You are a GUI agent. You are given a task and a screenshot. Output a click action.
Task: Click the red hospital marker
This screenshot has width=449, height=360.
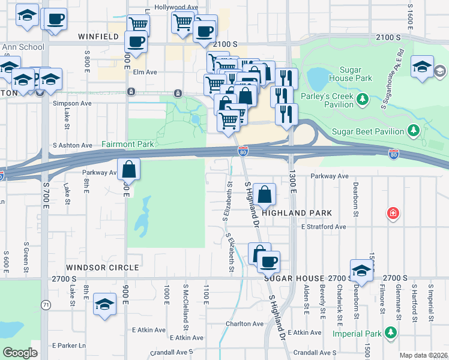pyautogui.click(x=393, y=213)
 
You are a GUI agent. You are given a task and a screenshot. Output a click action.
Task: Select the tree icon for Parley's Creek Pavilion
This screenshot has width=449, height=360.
pyautogui.click(x=362, y=98)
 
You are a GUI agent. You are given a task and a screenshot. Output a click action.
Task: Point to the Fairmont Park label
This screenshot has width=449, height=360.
pyautogui.click(x=128, y=145)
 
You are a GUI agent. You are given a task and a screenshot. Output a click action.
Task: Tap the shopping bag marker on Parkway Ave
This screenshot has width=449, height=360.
pyautogui.click(x=129, y=170)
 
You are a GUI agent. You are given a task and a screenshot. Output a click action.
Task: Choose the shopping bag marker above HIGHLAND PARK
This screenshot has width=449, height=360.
pyautogui.click(x=265, y=194)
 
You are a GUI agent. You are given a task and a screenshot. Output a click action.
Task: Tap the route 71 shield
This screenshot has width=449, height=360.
pyautogui.click(x=45, y=305)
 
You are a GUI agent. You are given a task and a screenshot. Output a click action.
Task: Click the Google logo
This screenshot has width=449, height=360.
pyautogui.click(x=20, y=353)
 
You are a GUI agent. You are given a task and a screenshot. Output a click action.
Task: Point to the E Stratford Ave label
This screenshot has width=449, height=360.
pyautogui.click(x=324, y=227)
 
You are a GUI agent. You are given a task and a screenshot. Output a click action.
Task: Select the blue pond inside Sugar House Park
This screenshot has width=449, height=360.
pyautogui.click(x=316, y=77)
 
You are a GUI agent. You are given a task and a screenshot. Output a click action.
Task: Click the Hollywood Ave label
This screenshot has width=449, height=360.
pyautogui.click(x=176, y=7)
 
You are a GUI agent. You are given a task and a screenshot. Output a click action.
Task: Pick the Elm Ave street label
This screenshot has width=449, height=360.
pyautogui.click(x=145, y=72)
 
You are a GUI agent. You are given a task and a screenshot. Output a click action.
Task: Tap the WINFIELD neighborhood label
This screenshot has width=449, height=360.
pyautogui.click(x=98, y=37)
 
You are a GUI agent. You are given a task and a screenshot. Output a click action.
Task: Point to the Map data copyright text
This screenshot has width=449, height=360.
pyautogui.click(x=423, y=355)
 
